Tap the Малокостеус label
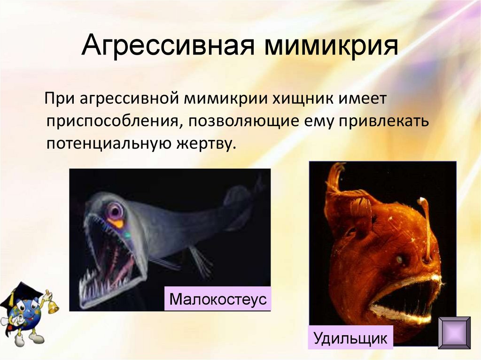tap(218, 299)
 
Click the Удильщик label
tap(350, 338)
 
